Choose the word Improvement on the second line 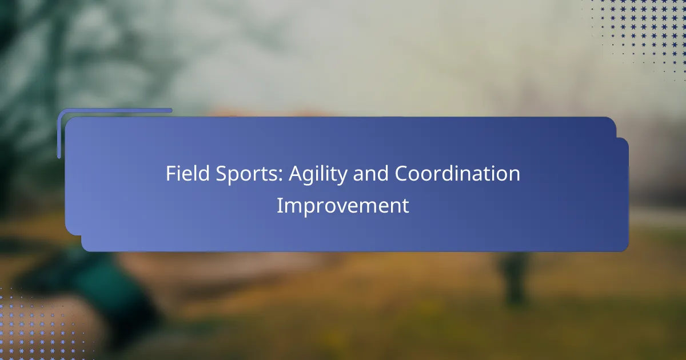(x=342, y=206)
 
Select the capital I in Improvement (x=279, y=206)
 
